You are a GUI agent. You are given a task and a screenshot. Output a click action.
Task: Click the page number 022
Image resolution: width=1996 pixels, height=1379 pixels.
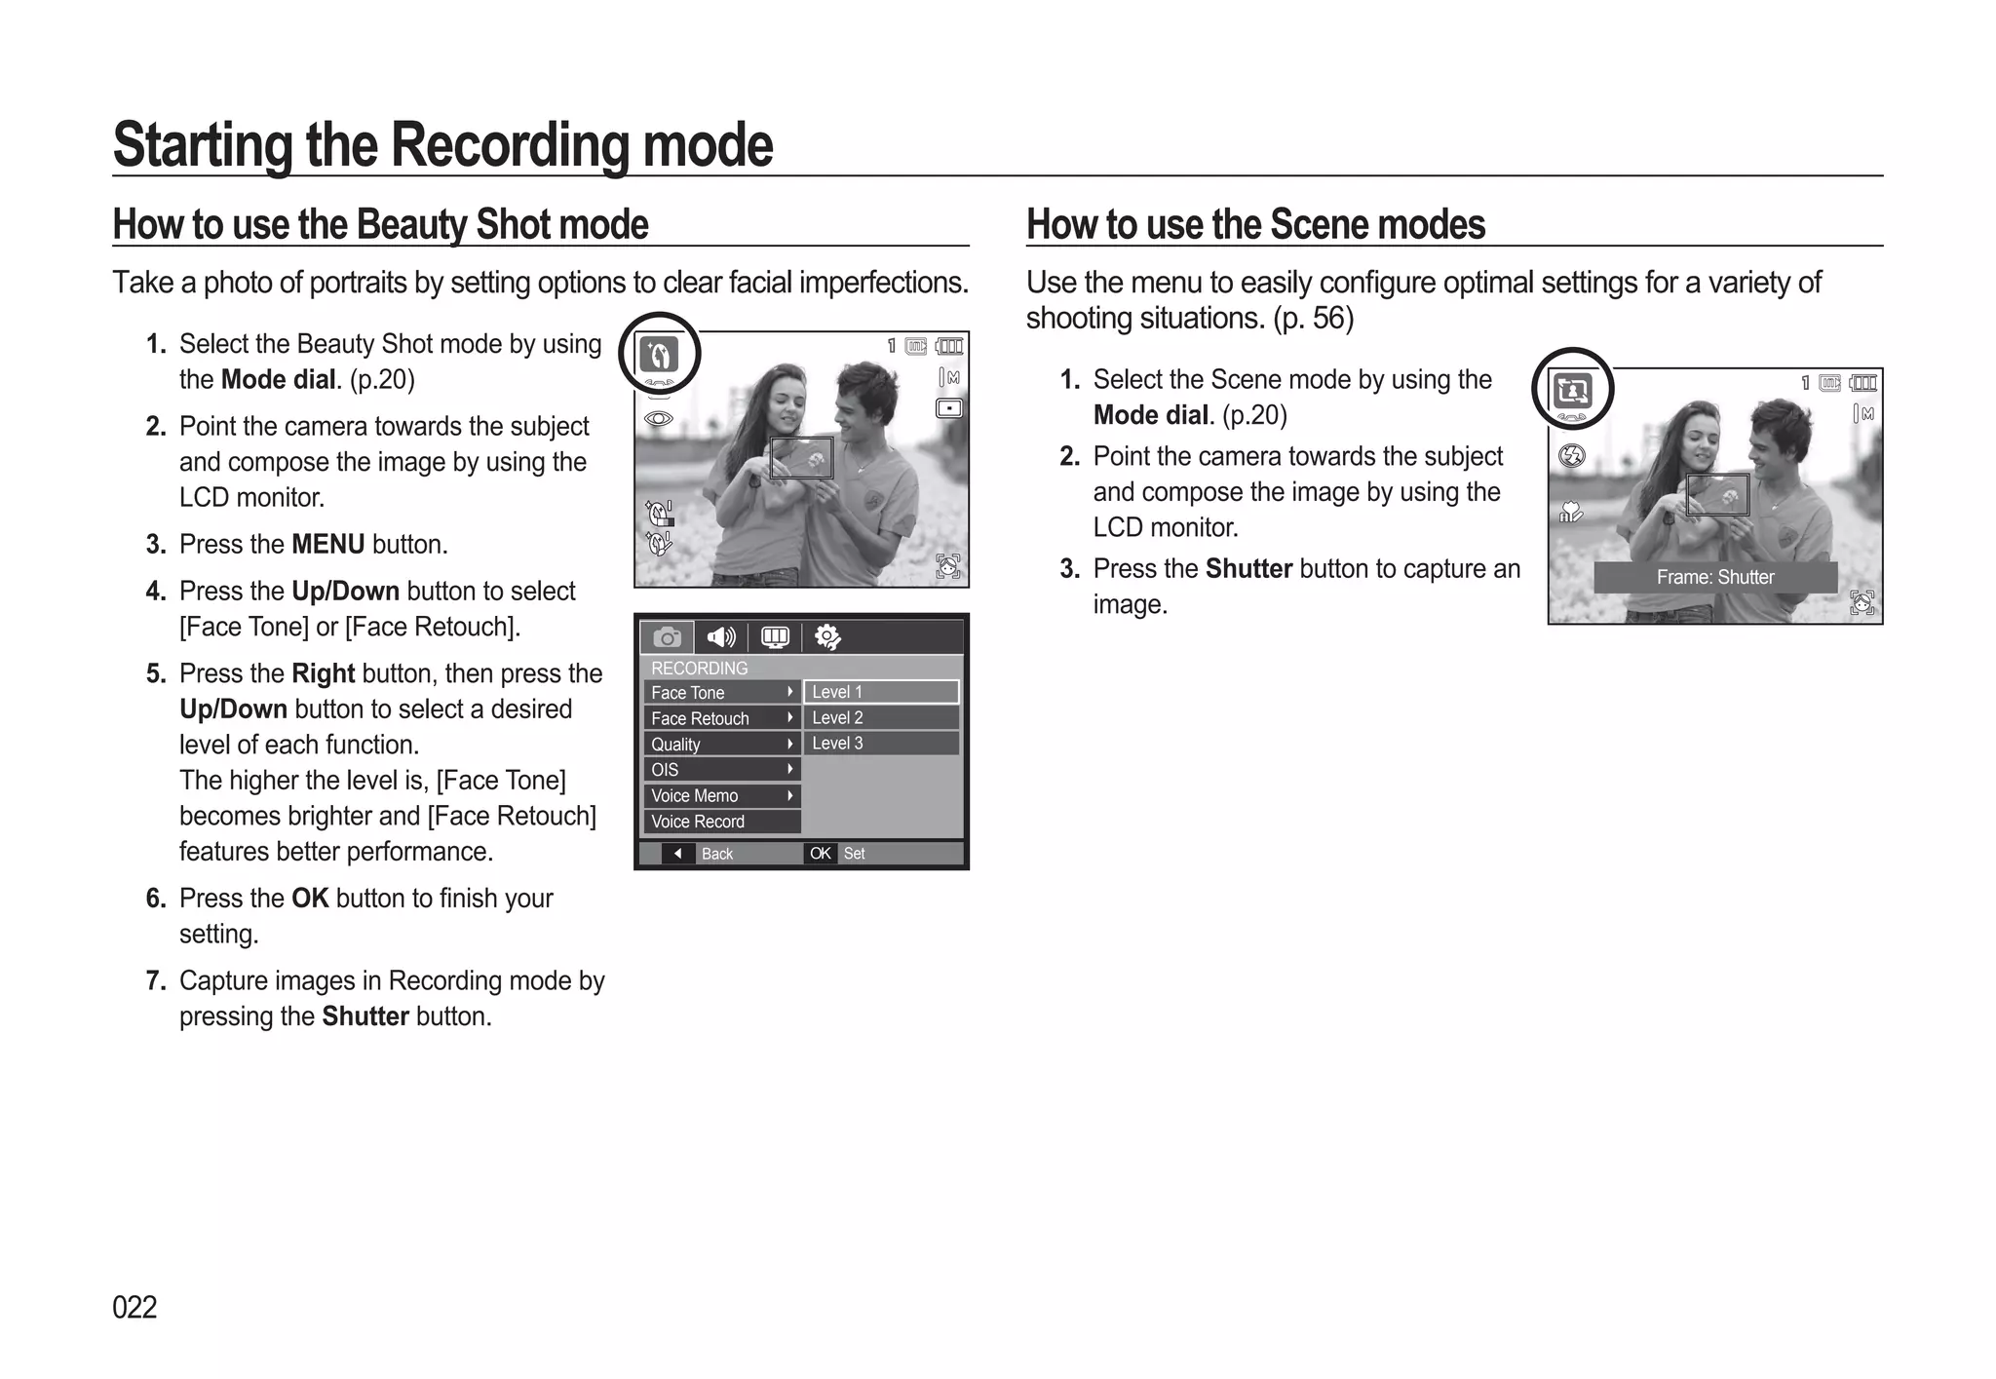pyautogui.click(x=134, y=1307)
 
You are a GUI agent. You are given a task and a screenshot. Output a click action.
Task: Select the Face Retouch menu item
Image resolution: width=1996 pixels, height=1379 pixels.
pyautogui.click(x=721, y=718)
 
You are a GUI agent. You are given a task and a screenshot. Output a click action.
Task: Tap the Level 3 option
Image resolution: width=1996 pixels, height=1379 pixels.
pyautogui.click(x=880, y=744)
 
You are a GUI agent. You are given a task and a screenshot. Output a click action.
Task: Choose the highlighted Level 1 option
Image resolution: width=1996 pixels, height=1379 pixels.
pyautogui.click(x=880, y=692)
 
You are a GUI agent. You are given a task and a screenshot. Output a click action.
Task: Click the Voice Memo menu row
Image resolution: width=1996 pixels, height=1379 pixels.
pyautogui.click(x=721, y=796)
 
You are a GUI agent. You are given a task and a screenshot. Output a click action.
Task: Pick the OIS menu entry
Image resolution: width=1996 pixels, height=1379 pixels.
pyautogui.click(x=721, y=770)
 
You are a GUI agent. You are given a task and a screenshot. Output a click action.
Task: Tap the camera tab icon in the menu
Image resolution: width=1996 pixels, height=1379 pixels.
pyautogui.click(x=668, y=637)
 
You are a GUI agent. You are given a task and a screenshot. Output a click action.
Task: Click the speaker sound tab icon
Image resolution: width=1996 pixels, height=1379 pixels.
pyautogui.click(x=721, y=637)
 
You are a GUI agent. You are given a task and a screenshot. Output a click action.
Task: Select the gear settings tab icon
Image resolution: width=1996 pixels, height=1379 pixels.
pyautogui.click(x=827, y=637)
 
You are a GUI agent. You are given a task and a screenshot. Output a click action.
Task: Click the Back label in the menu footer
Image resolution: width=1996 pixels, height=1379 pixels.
pyautogui.click(x=716, y=854)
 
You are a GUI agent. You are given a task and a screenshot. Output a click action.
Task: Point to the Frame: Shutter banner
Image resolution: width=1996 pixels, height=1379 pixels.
pyautogui.click(x=1715, y=577)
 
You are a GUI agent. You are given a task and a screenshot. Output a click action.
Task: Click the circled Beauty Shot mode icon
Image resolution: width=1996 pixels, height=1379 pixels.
pyautogui.click(x=659, y=354)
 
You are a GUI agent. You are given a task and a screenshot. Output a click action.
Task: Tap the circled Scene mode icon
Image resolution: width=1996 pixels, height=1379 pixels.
pyautogui.click(x=1573, y=390)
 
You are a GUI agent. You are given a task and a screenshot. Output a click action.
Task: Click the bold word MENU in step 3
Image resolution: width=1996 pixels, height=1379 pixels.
pyautogui.click(x=328, y=544)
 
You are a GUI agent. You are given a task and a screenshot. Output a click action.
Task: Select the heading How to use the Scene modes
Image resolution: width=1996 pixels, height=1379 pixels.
pyautogui.click(x=1255, y=224)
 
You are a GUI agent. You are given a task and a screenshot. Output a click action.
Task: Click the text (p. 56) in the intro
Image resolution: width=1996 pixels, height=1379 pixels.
pyautogui.click(x=1313, y=319)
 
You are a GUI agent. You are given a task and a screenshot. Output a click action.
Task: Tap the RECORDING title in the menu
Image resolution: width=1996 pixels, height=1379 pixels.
pyautogui.click(x=700, y=669)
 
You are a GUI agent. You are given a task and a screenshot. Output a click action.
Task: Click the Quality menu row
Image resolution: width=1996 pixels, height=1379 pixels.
pyautogui.click(x=721, y=745)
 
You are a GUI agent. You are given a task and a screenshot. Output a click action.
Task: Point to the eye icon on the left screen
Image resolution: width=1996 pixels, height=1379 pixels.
pyautogui.click(x=659, y=419)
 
